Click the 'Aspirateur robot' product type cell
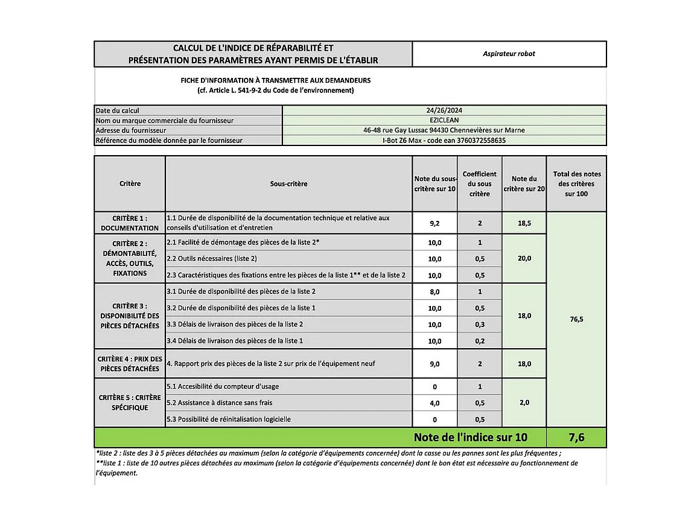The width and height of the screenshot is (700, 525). click(509, 54)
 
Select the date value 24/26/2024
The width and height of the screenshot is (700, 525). click(444, 110)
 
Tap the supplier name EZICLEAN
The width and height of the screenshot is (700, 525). click(444, 120)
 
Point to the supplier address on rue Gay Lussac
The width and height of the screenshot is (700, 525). click(444, 130)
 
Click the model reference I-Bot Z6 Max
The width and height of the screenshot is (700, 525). click(444, 141)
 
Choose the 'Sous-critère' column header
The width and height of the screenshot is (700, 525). click(288, 183)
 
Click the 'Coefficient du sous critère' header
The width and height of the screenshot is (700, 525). click(479, 183)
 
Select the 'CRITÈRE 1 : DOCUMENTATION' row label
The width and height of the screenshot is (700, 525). click(129, 223)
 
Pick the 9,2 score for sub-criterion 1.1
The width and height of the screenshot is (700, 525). click(434, 223)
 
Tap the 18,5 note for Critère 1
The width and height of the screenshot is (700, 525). click(524, 223)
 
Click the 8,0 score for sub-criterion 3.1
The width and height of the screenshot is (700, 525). click(434, 292)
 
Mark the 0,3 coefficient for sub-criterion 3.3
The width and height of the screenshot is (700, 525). click(479, 325)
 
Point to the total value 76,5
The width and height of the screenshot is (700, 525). click(576, 319)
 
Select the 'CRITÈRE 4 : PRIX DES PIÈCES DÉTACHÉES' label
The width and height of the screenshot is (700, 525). click(129, 364)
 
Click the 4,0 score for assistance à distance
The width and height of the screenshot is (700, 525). click(434, 403)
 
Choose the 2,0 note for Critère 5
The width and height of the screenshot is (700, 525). click(524, 402)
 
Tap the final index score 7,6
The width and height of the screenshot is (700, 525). click(576, 437)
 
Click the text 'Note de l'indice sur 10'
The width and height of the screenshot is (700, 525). click(470, 437)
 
